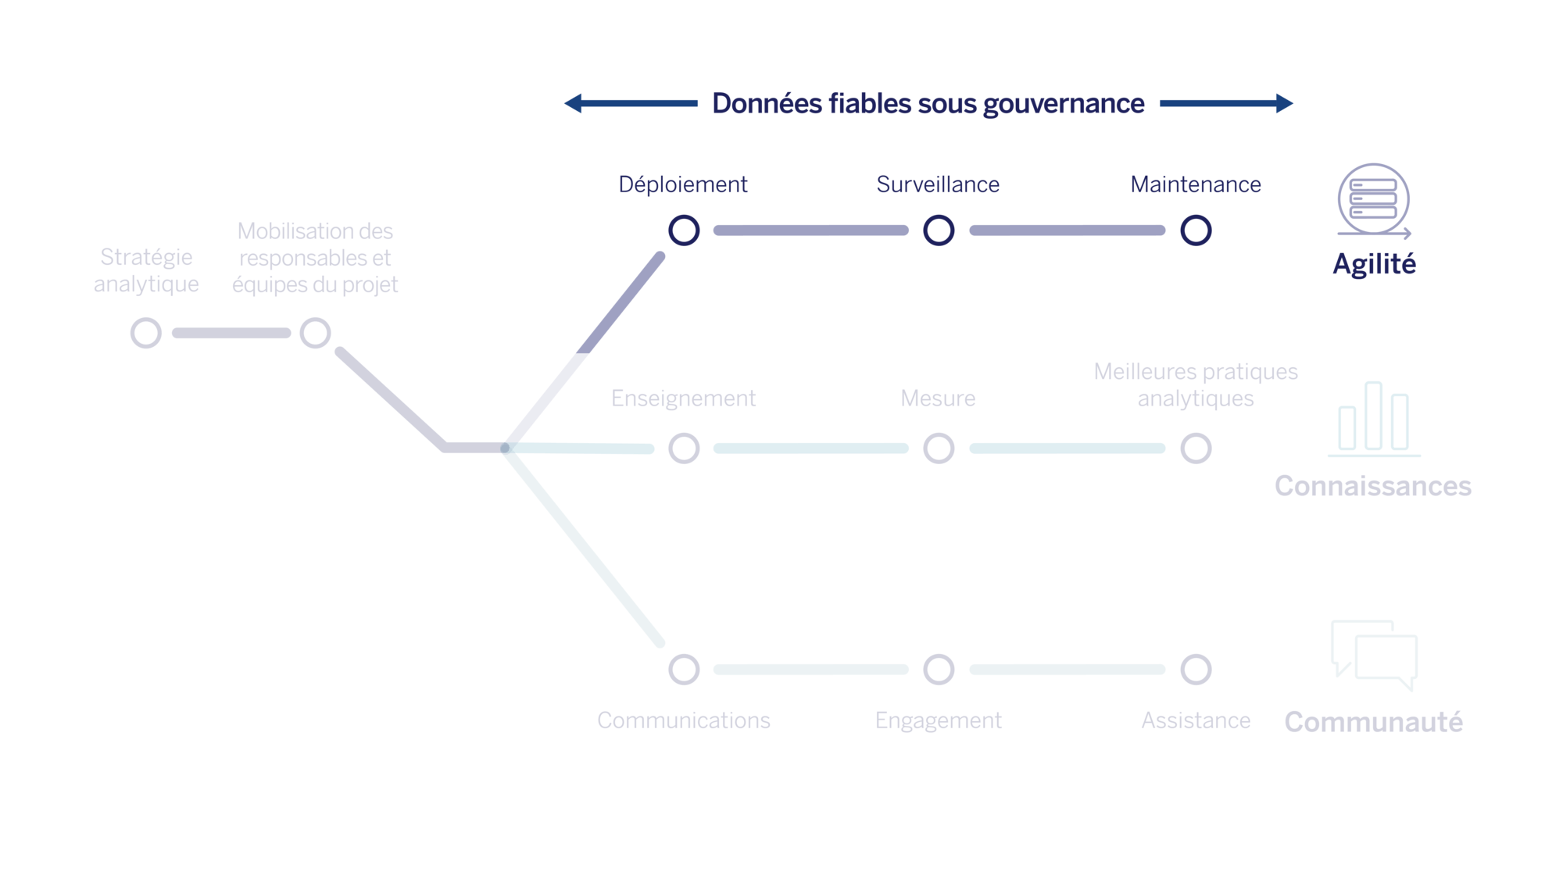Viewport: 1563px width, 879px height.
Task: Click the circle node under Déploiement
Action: [x=684, y=230]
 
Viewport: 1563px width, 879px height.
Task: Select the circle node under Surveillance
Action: [x=939, y=230]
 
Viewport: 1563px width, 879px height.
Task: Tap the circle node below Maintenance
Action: [x=1196, y=230]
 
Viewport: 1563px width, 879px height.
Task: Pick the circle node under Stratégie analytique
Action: [x=146, y=333]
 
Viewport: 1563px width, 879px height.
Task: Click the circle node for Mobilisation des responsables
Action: [x=315, y=333]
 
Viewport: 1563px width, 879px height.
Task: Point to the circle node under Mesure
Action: [x=939, y=448]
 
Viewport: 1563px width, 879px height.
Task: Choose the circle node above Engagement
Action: [x=939, y=670]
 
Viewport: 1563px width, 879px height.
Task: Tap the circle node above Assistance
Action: [x=1196, y=670]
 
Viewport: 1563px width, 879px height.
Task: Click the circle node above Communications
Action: [x=684, y=670]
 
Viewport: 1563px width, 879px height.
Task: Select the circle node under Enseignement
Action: [x=684, y=448]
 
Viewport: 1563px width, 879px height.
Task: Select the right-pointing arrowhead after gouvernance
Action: [x=1284, y=103]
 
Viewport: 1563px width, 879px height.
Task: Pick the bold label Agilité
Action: [x=1374, y=264]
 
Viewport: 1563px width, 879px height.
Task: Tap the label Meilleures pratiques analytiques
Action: [x=1196, y=384]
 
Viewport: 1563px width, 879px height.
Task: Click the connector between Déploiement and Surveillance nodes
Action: [x=811, y=230]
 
